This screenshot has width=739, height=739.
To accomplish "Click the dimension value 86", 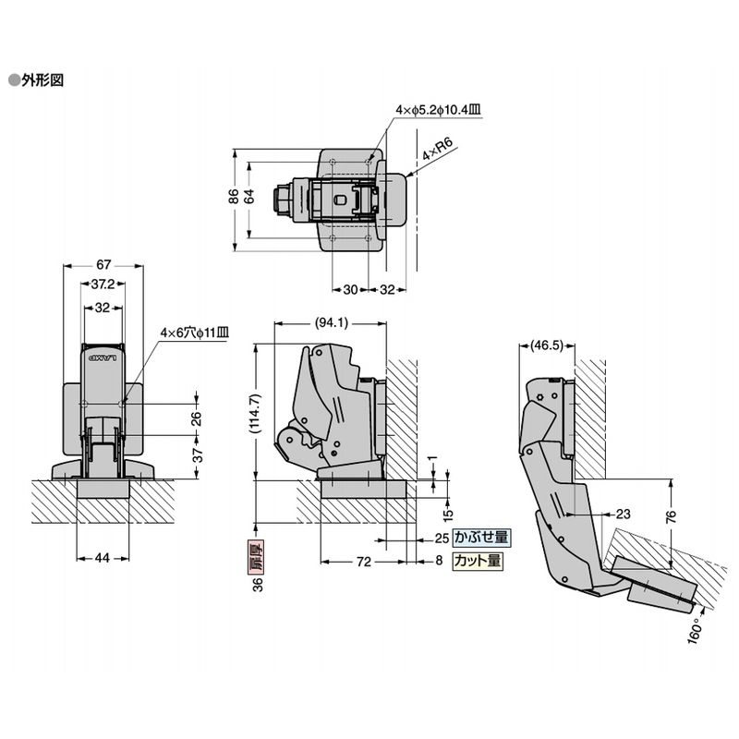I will pyautogui.click(x=235, y=196).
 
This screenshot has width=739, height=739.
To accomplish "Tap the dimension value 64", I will pyautogui.click(x=249, y=196).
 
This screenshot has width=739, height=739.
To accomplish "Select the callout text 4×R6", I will pyautogui.click(x=436, y=150).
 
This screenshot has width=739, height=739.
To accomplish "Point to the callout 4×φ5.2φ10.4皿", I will pyautogui.click(x=438, y=110).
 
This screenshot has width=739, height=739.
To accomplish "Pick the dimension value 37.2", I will pyautogui.click(x=103, y=284).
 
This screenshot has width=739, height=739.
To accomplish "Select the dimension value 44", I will pyautogui.click(x=102, y=557).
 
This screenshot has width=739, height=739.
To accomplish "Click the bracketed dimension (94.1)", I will pyautogui.click(x=330, y=322).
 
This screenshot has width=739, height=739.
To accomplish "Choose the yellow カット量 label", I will pyautogui.click(x=478, y=559).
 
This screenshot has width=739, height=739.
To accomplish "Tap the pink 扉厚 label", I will pyautogui.click(x=260, y=555).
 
